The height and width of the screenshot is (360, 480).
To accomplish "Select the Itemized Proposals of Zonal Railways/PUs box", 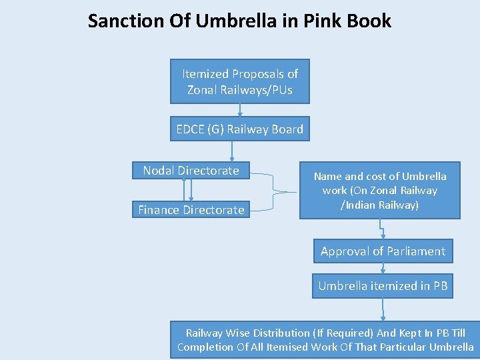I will (x=240, y=81).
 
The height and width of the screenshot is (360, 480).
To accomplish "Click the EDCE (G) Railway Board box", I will (x=240, y=129).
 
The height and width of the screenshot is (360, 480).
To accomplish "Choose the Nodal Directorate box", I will (x=191, y=171).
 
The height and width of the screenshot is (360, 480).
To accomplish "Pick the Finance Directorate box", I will (x=191, y=210).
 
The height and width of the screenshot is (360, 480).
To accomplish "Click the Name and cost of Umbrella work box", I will (x=380, y=191).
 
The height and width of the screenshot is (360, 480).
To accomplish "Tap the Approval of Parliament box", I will (x=383, y=251).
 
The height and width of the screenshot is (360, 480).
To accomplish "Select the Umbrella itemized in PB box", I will (x=383, y=286).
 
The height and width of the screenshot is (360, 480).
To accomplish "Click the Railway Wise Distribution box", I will (x=325, y=340).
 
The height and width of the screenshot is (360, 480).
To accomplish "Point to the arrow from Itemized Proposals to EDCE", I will (x=240, y=111).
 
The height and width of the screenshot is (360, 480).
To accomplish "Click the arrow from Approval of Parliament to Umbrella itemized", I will (x=383, y=268).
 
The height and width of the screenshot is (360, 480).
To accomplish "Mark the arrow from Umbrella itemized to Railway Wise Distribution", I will (x=383, y=310).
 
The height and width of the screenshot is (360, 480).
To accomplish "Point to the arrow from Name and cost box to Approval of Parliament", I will (x=383, y=229).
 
